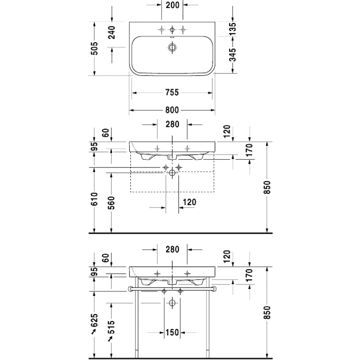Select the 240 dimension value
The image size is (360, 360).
[112, 32]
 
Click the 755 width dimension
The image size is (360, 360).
[171, 92]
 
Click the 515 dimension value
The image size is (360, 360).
[112, 327]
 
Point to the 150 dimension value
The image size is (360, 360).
[171, 333]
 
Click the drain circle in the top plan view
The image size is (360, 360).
[172, 48]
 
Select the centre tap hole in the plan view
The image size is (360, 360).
[172, 30]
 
